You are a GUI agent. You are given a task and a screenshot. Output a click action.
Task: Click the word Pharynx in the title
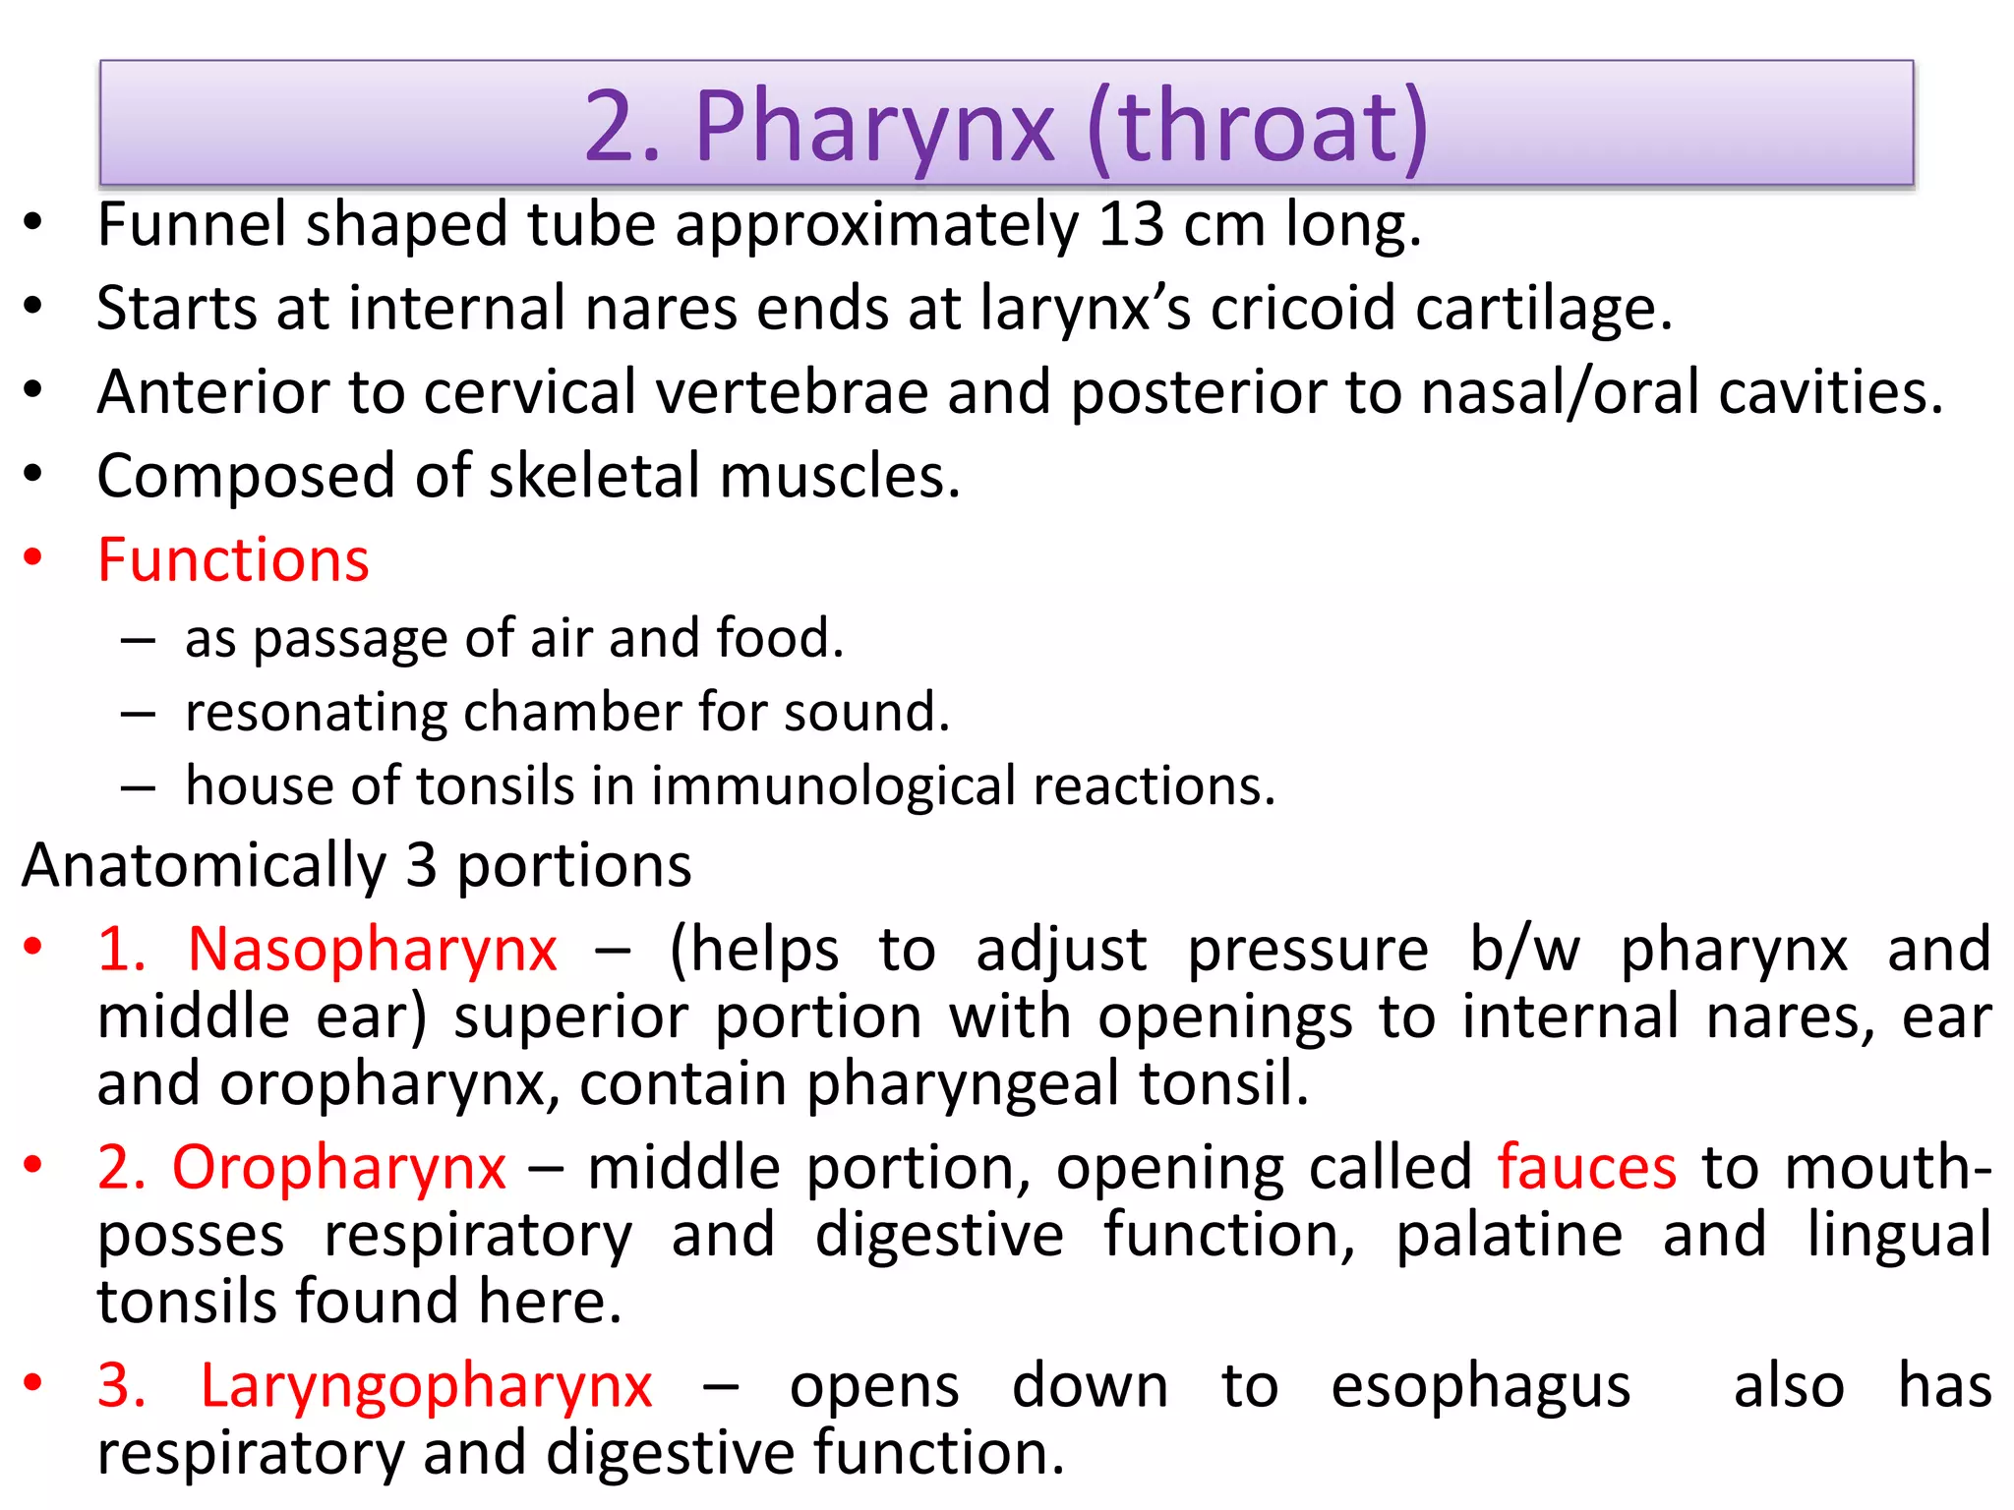click(874, 127)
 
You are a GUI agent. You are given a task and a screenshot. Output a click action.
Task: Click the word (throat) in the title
click(1258, 127)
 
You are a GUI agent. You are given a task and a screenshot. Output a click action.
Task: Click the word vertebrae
click(792, 392)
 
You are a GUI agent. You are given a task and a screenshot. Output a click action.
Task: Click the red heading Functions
click(233, 560)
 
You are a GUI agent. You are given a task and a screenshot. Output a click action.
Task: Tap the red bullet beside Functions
click(33, 557)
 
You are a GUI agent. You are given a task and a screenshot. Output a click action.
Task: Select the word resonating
click(315, 712)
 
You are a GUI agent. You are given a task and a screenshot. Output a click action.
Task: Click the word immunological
click(833, 786)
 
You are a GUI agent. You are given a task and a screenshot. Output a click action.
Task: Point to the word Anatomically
click(205, 866)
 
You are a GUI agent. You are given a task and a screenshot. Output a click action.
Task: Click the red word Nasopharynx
click(373, 951)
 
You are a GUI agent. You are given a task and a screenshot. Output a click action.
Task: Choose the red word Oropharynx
click(339, 1169)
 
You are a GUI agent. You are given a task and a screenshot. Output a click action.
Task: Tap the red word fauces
click(1587, 1169)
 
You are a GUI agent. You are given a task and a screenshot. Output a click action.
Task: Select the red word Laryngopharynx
click(426, 1387)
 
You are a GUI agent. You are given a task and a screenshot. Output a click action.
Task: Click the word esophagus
click(1481, 1387)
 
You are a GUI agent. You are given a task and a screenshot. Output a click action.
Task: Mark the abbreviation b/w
click(1524, 951)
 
